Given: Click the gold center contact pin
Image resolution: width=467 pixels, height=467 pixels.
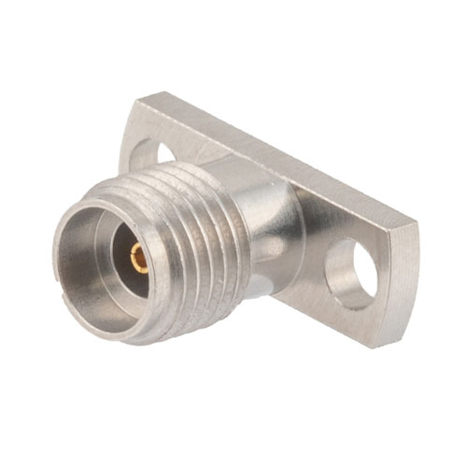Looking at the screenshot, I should pos(139,258).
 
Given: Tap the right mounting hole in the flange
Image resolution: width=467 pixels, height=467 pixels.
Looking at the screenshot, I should pos(351,274).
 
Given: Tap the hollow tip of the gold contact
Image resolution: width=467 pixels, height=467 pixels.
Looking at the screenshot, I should pos(137,259).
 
